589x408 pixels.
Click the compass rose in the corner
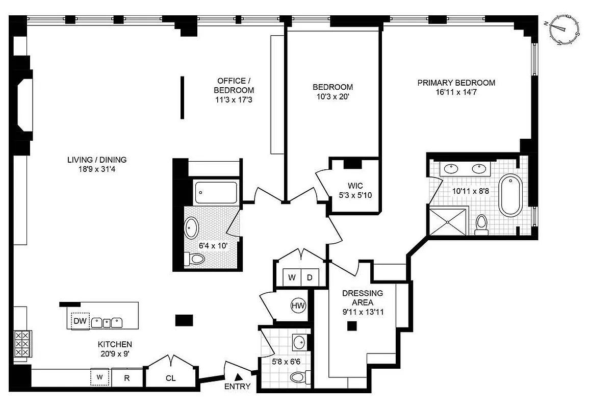[564, 31]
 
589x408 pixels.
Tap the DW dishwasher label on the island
[80, 321]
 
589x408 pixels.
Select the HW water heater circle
[298, 306]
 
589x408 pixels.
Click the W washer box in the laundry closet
[292, 278]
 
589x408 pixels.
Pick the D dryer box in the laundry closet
[310, 278]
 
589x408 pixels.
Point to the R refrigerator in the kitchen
[127, 378]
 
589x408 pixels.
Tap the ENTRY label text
[238, 386]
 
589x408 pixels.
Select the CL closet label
[171, 378]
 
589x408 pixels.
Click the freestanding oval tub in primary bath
[509, 195]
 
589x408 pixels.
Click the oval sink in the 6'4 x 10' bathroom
[192, 228]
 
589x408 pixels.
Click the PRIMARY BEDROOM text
[456, 83]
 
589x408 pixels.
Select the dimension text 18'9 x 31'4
[97, 168]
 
